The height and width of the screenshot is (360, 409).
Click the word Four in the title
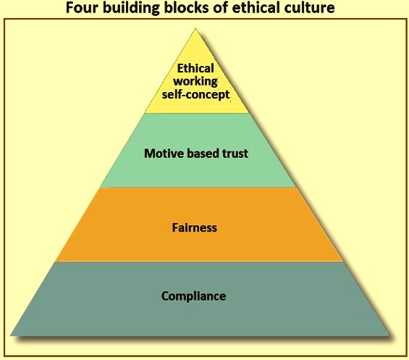click(x=81, y=7)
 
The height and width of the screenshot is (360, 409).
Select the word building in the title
click(x=131, y=8)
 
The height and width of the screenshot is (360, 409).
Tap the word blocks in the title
click(x=186, y=7)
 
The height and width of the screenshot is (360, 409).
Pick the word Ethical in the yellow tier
click(x=195, y=68)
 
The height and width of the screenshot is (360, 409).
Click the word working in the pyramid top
click(x=195, y=81)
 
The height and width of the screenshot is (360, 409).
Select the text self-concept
click(x=195, y=94)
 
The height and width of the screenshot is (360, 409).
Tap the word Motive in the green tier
click(x=164, y=154)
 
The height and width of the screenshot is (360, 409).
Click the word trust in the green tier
click(x=235, y=154)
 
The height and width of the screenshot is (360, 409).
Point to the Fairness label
click(x=194, y=227)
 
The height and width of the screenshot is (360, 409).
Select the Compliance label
click(x=193, y=296)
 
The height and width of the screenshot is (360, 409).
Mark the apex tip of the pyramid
click(x=195, y=29)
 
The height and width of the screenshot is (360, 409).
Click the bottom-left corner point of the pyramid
click(x=11, y=335)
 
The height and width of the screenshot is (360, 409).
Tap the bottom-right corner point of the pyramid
click(x=389, y=335)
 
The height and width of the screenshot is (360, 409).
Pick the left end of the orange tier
click(x=56, y=261)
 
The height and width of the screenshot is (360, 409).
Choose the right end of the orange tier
click(x=342, y=261)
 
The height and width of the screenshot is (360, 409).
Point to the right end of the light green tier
click(x=296, y=187)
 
